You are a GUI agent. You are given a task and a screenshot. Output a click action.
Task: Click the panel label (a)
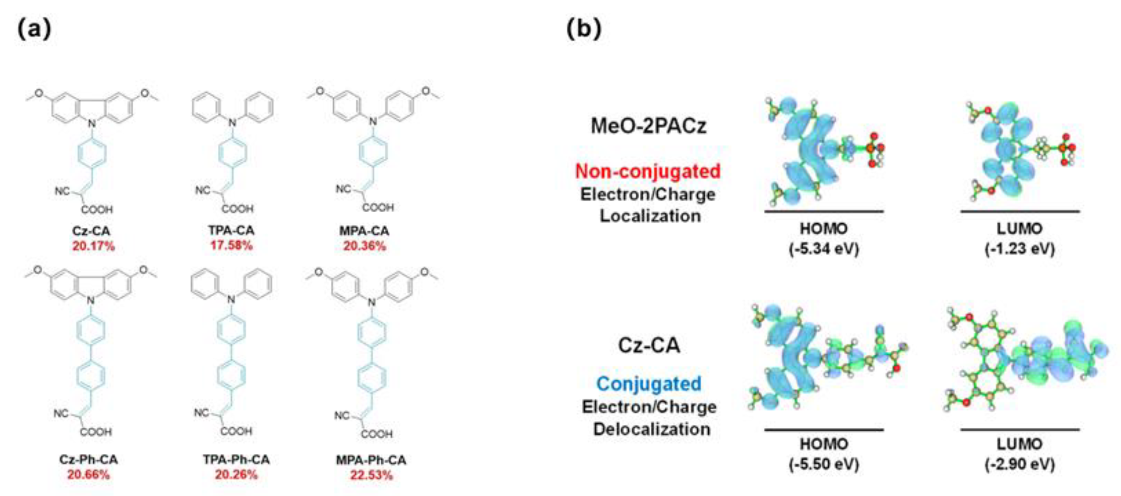pos(34,30)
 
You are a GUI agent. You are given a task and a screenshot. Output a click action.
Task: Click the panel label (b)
pos(584,30)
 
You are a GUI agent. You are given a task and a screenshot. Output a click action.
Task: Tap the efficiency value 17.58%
pos(231,246)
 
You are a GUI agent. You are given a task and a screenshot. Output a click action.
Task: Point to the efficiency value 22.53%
pos(371,475)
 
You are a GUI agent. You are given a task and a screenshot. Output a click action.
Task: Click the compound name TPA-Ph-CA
pos(236,459)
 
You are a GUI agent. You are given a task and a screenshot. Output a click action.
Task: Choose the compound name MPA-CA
pos(364,231)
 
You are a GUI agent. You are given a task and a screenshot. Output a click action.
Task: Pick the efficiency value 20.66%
pos(88,475)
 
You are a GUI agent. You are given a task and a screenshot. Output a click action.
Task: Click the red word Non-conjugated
pos(647,172)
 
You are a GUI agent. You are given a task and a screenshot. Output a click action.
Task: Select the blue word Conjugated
pos(649,384)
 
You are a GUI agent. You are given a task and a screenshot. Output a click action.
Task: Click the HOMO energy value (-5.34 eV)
pos(824,249)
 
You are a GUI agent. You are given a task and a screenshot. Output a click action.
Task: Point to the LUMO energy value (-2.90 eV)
pos(1019,464)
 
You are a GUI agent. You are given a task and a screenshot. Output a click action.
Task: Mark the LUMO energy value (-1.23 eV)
pos(1019,249)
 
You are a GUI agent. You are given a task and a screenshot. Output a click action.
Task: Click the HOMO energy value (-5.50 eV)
pos(824,464)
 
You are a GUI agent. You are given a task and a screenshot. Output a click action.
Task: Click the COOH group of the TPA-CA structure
pos(238,209)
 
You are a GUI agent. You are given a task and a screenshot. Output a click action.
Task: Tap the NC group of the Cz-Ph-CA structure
pos(61,413)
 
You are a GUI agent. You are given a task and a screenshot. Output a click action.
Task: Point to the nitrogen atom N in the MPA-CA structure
pos(372,121)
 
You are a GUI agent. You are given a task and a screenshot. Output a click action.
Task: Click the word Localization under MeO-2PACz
pos(650,216)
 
